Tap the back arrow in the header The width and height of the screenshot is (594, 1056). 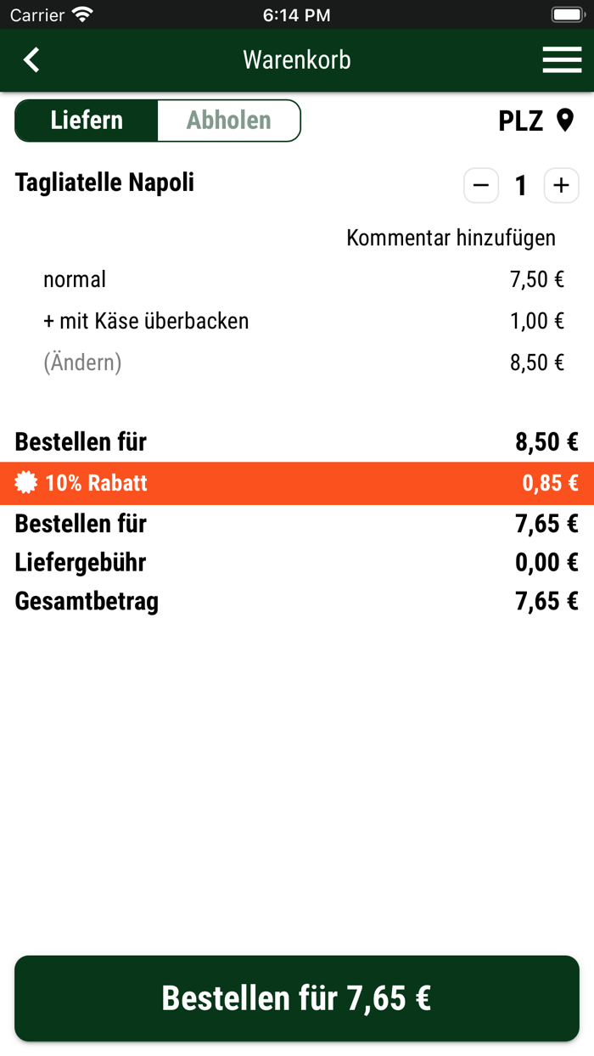[x=31, y=59]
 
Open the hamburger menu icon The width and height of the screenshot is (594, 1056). [x=562, y=59]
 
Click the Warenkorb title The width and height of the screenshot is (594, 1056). [x=297, y=59]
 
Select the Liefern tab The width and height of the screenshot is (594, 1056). [x=87, y=121]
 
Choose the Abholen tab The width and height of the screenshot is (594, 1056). [x=229, y=121]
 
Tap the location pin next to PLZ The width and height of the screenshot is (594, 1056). [x=565, y=121]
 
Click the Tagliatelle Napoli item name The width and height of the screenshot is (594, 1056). [x=104, y=183]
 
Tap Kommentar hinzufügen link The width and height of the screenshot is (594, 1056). [x=451, y=238]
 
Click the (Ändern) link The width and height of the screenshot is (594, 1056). [x=82, y=362]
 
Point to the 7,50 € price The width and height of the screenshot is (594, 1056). [x=537, y=279]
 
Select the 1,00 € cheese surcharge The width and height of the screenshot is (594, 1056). [x=537, y=321]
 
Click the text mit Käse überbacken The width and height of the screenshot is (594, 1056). [x=154, y=321]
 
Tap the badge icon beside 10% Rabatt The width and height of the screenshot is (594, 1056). [x=26, y=483]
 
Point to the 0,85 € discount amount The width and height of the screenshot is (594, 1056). [x=550, y=483]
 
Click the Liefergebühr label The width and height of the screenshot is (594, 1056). [x=81, y=563]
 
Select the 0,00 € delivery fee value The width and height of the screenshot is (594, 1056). [x=546, y=563]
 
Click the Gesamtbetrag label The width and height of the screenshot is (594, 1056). [x=87, y=602]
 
